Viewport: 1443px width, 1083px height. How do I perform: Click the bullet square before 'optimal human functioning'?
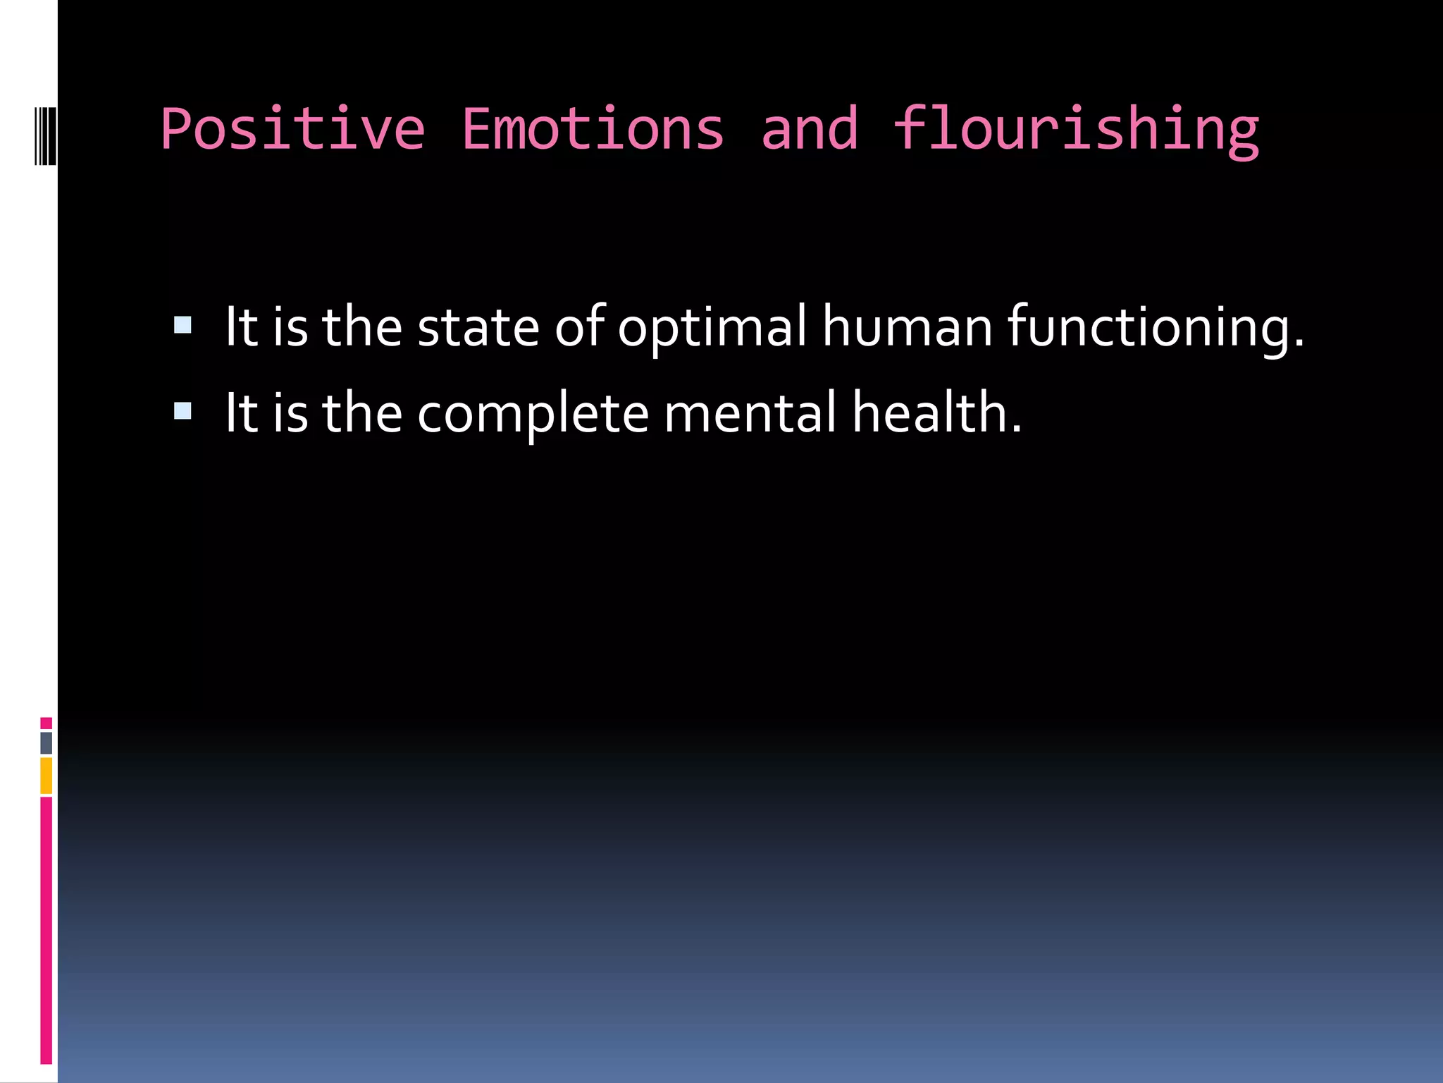click(182, 324)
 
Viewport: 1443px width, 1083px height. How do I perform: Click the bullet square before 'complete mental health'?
click(182, 410)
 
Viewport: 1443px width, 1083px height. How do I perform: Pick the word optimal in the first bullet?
click(712, 327)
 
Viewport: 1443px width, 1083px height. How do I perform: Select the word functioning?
click(1155, 327)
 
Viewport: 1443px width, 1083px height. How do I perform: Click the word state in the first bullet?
click(478, 327)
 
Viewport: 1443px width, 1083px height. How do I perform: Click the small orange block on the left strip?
click(46, 776)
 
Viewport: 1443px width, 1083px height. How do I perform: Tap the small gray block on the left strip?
click(46, 742)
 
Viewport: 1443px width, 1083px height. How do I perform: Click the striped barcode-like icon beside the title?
click(45, 135)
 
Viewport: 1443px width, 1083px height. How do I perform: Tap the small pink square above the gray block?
click(46, 723)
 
